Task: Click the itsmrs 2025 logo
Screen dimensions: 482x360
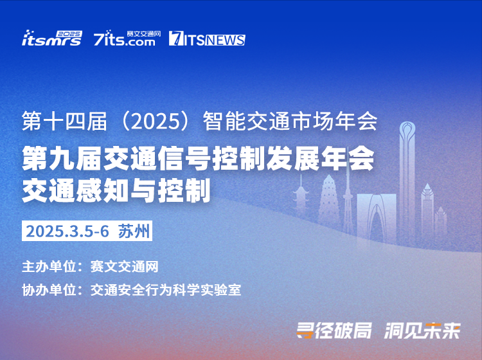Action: [x=52, y=38]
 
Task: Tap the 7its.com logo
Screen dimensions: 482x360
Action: [x=127, y=38]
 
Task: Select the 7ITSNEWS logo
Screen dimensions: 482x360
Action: [x=207, y=39]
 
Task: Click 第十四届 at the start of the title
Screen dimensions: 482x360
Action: [x=64, y=121]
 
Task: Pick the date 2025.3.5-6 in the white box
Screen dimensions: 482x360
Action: [x=67, y=231]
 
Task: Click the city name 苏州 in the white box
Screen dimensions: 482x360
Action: [x=134, y=231]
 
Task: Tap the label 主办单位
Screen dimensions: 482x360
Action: [x=49, y=266]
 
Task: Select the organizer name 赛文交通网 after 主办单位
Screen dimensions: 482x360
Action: [x=124, y=266]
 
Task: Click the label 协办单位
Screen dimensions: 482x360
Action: [x=49, y=290]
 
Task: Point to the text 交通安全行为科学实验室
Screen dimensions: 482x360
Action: [x=166, y=290]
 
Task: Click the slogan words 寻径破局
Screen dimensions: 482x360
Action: [x=334, y=330]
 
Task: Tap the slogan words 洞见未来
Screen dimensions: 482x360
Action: [x=423, y=330]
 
